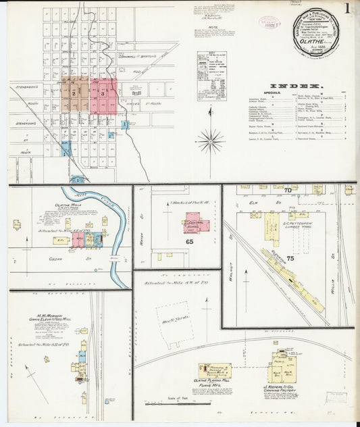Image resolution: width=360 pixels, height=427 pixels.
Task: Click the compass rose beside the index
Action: coord(211,141)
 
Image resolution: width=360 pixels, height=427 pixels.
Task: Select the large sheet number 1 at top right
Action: coord(345,9)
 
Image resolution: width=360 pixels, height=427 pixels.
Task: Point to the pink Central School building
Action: coord(197,224)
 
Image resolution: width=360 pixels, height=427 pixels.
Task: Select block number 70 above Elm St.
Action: coord(286,191)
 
